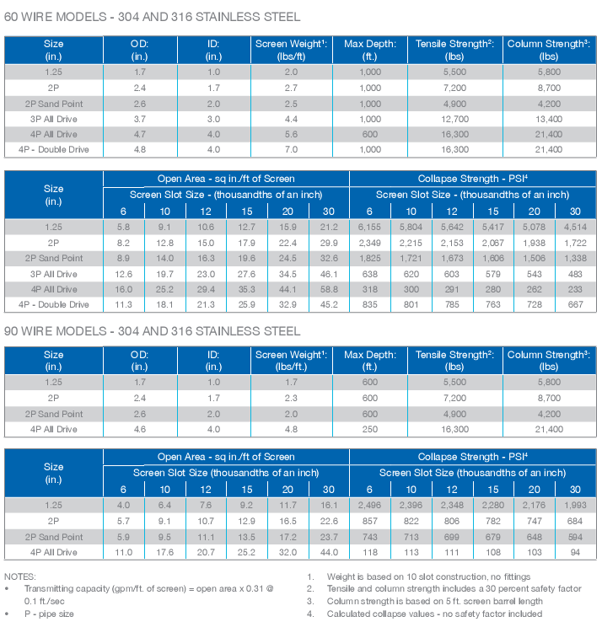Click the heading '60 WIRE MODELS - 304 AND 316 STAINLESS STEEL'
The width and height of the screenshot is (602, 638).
(152, 17)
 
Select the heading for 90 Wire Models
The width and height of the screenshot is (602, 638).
(152, 331)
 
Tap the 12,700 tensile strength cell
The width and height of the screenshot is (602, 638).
(455, 119)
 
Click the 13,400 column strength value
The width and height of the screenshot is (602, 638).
(549, 119)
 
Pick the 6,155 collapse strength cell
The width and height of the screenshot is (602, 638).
(369, 227)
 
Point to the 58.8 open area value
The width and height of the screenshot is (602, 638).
(329, 289)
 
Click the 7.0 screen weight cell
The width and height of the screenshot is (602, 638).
(291, 149)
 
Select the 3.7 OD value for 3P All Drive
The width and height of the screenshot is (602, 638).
(140, 119)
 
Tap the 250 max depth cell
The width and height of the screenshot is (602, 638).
(369, 429)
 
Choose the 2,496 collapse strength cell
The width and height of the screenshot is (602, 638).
(369, 506)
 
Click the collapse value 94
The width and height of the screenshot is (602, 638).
(575, 552)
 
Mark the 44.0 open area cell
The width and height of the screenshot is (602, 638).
(329, 552)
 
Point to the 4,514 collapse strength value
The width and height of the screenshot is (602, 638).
(575, 227)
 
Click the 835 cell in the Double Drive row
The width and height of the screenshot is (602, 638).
(369, 304)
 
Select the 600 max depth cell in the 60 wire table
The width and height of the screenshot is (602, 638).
(369, 134)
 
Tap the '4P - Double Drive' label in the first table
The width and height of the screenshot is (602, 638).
(54, 149)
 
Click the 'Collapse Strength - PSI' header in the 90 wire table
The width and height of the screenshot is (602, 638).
(472, 457)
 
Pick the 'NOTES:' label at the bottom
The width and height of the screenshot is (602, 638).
(20, 576)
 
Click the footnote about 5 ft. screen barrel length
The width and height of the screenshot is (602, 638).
(434, 601)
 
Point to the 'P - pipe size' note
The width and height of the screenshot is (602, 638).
(49, 614)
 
